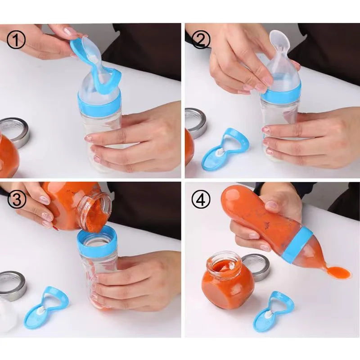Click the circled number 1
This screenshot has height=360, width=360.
(x=17, y=40)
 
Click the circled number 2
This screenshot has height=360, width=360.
(x=201, y=40)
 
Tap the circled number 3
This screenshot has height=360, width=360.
(x=17, y=200)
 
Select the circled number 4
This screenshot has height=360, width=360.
(x=201, y=200)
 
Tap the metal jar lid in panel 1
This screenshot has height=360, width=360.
(x=15, y=130)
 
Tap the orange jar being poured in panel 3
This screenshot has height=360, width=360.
(x=74, y=205)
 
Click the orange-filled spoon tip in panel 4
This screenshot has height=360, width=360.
(x=338, y=272)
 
